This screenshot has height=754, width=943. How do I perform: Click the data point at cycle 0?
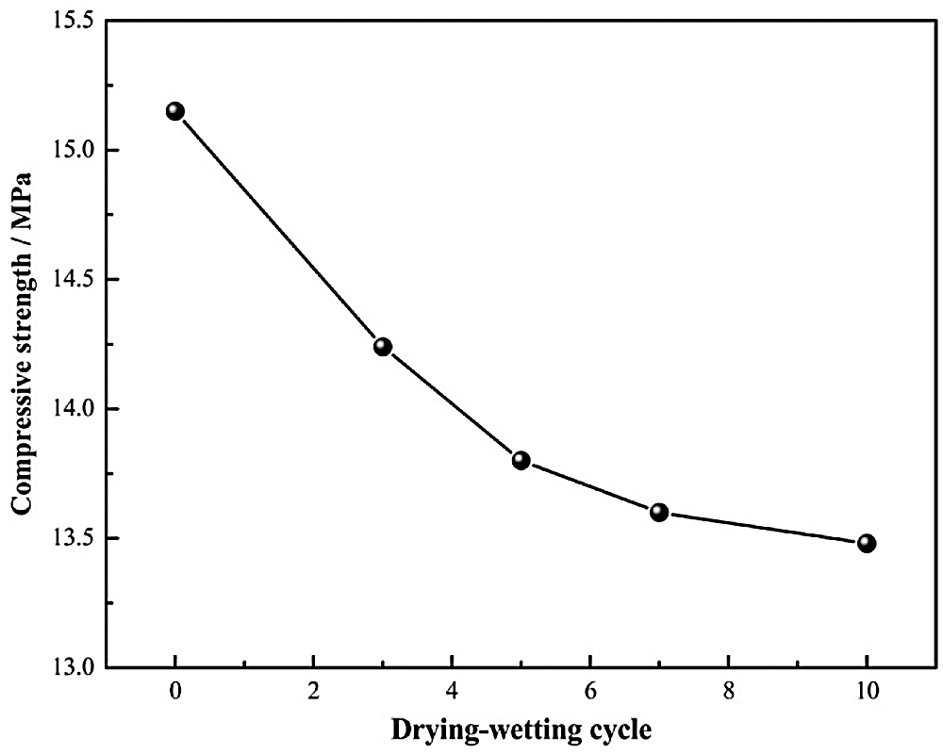click(175, 111)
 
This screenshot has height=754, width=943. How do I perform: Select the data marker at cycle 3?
click(383, 347)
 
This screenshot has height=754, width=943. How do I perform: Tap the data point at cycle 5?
click(521, 460)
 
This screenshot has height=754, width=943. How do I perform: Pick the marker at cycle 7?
click(659, 512)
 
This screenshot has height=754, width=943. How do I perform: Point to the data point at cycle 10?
click(867, 543)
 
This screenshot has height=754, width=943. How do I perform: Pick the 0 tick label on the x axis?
click(175, 690)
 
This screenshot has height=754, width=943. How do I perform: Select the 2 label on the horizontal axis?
click(314, 690)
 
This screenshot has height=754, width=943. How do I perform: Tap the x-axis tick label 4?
click(452, 690)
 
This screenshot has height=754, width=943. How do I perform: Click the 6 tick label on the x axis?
click(590, 690)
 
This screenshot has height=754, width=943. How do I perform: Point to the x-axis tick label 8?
click(728, 690)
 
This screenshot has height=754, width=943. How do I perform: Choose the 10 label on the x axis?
click(867, 690)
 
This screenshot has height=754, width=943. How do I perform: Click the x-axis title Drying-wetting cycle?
click(521, 729)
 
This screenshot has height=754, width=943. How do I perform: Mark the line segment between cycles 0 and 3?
click(279, 229)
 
